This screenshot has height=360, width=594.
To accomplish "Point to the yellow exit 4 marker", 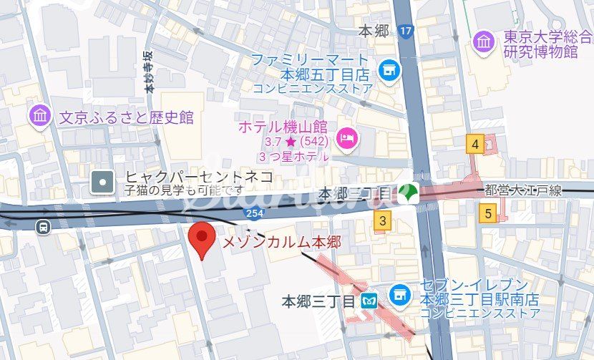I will [x=474, y=145].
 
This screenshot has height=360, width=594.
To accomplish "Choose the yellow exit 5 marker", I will [x=489, y=213].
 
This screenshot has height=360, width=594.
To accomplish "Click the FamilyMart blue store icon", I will [x=389, y=70].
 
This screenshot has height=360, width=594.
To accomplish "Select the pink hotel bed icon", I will [x=347, y=137].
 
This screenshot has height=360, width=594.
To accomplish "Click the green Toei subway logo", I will [x=407, y=193].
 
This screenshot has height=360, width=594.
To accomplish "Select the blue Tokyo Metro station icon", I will [x=369, y=301].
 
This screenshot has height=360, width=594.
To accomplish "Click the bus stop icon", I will [x=44, y=227].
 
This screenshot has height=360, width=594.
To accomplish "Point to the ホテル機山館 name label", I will [x=283, y=127].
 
